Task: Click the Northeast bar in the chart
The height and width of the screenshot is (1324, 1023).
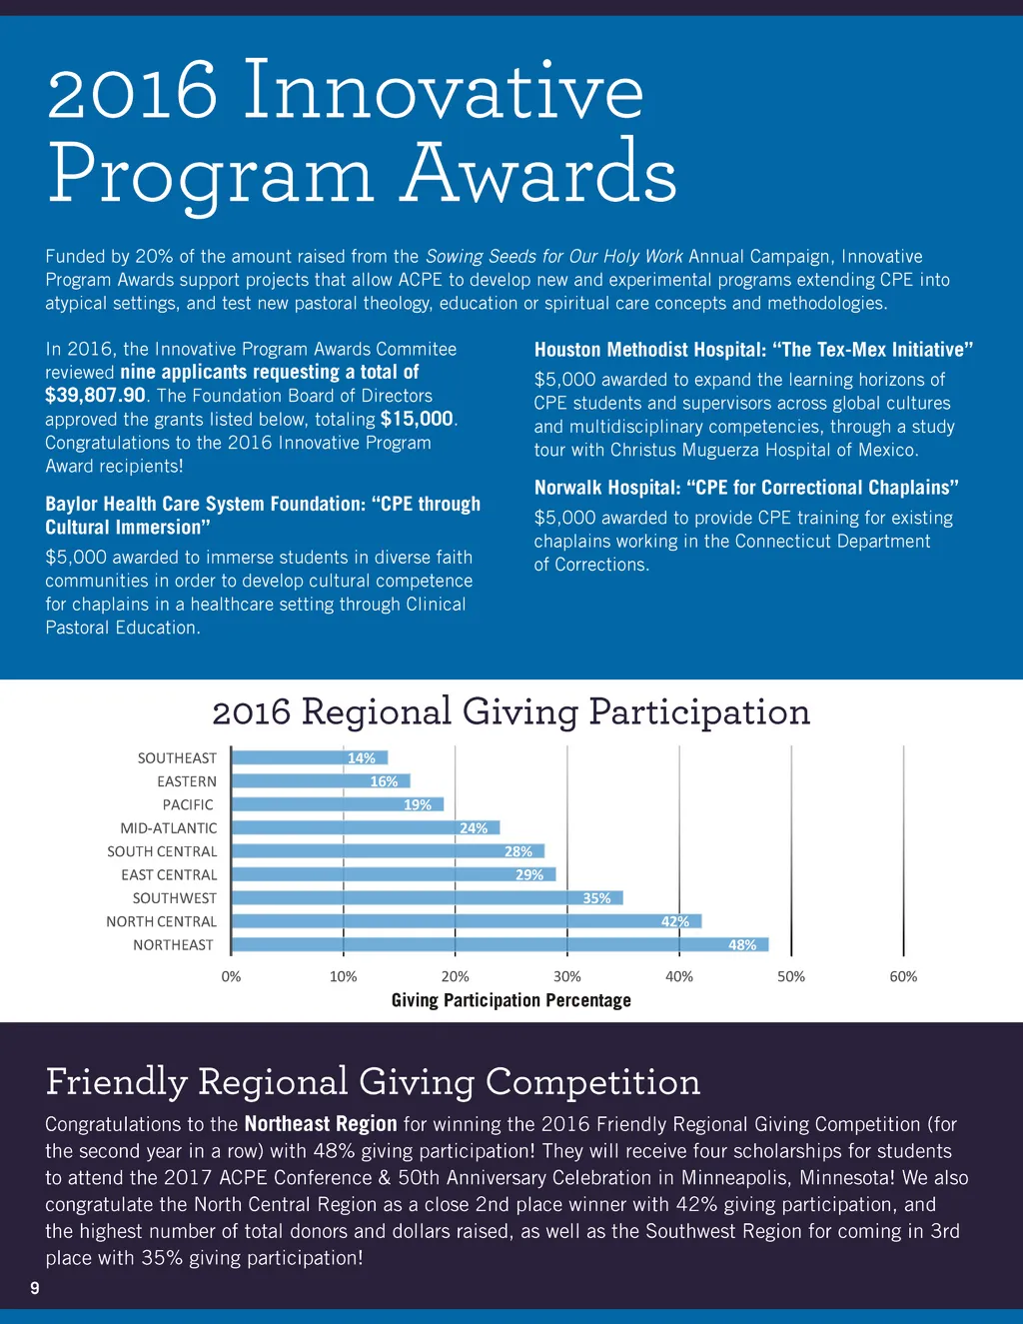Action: pos(500,944)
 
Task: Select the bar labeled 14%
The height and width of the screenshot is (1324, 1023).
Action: pos(310,757)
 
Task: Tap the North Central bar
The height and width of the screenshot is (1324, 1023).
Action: pos(466,921)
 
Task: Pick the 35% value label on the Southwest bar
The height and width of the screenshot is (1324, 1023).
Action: pos(596,898)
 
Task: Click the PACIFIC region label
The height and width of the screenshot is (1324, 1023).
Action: pos(188,804)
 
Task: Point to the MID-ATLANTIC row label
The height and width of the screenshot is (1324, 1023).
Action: pos(169,828)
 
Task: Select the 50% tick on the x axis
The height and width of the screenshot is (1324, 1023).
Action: pos(791,976)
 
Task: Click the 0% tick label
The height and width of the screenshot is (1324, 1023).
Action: pos(231,976)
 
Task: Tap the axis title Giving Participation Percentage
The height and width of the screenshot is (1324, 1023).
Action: pos(511,1000)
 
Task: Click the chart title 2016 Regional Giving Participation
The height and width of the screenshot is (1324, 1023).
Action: pos(511,712)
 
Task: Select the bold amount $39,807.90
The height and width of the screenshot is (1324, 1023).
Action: pos(96,396)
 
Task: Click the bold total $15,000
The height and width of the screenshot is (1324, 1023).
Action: pos(417,419)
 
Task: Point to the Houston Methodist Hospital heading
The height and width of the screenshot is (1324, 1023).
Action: pos(753,350)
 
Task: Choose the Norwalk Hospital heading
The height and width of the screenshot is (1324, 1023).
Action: pos(746,488)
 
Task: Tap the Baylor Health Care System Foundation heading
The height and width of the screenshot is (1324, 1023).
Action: pos(263,516)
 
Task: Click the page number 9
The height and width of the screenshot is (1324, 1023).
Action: pos(35,1288)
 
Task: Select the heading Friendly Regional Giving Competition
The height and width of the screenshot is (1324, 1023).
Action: pos(373,1082)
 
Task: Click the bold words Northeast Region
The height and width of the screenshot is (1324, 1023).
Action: pos(321,1124)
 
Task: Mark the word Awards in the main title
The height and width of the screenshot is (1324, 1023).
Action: pos(539,173)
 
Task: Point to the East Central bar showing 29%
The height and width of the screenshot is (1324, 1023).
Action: pos(393,874)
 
